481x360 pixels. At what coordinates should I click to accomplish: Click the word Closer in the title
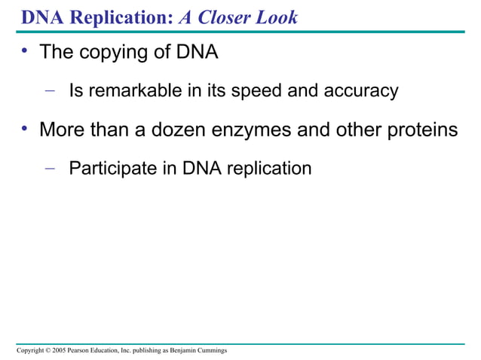point(227,17)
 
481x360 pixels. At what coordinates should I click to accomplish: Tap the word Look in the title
point(277,17)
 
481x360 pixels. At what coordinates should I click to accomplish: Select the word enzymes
point(278,130)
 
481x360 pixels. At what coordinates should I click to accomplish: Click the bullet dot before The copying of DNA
point(25,51)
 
